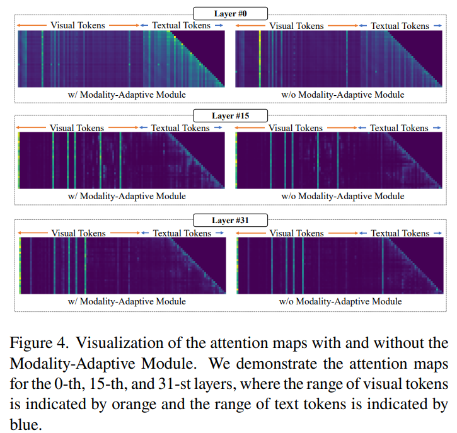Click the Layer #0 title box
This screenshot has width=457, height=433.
point(229,12)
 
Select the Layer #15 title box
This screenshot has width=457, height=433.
point(229,115)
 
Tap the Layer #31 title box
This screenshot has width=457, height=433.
point(229,220)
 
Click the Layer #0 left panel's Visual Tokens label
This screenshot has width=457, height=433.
point(78,25)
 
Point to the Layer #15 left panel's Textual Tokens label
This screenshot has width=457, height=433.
point(180,128)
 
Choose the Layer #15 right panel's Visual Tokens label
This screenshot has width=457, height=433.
point(295,128)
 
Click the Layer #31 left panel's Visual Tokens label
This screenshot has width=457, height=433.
point(78,233)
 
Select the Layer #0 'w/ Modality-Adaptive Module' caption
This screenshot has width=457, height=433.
point(126,95)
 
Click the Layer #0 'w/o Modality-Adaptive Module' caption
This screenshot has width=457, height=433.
point(342,95)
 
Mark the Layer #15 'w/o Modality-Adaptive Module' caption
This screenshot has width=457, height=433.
point(342,196)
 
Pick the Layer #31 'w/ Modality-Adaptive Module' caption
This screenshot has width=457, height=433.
point(126,301)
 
